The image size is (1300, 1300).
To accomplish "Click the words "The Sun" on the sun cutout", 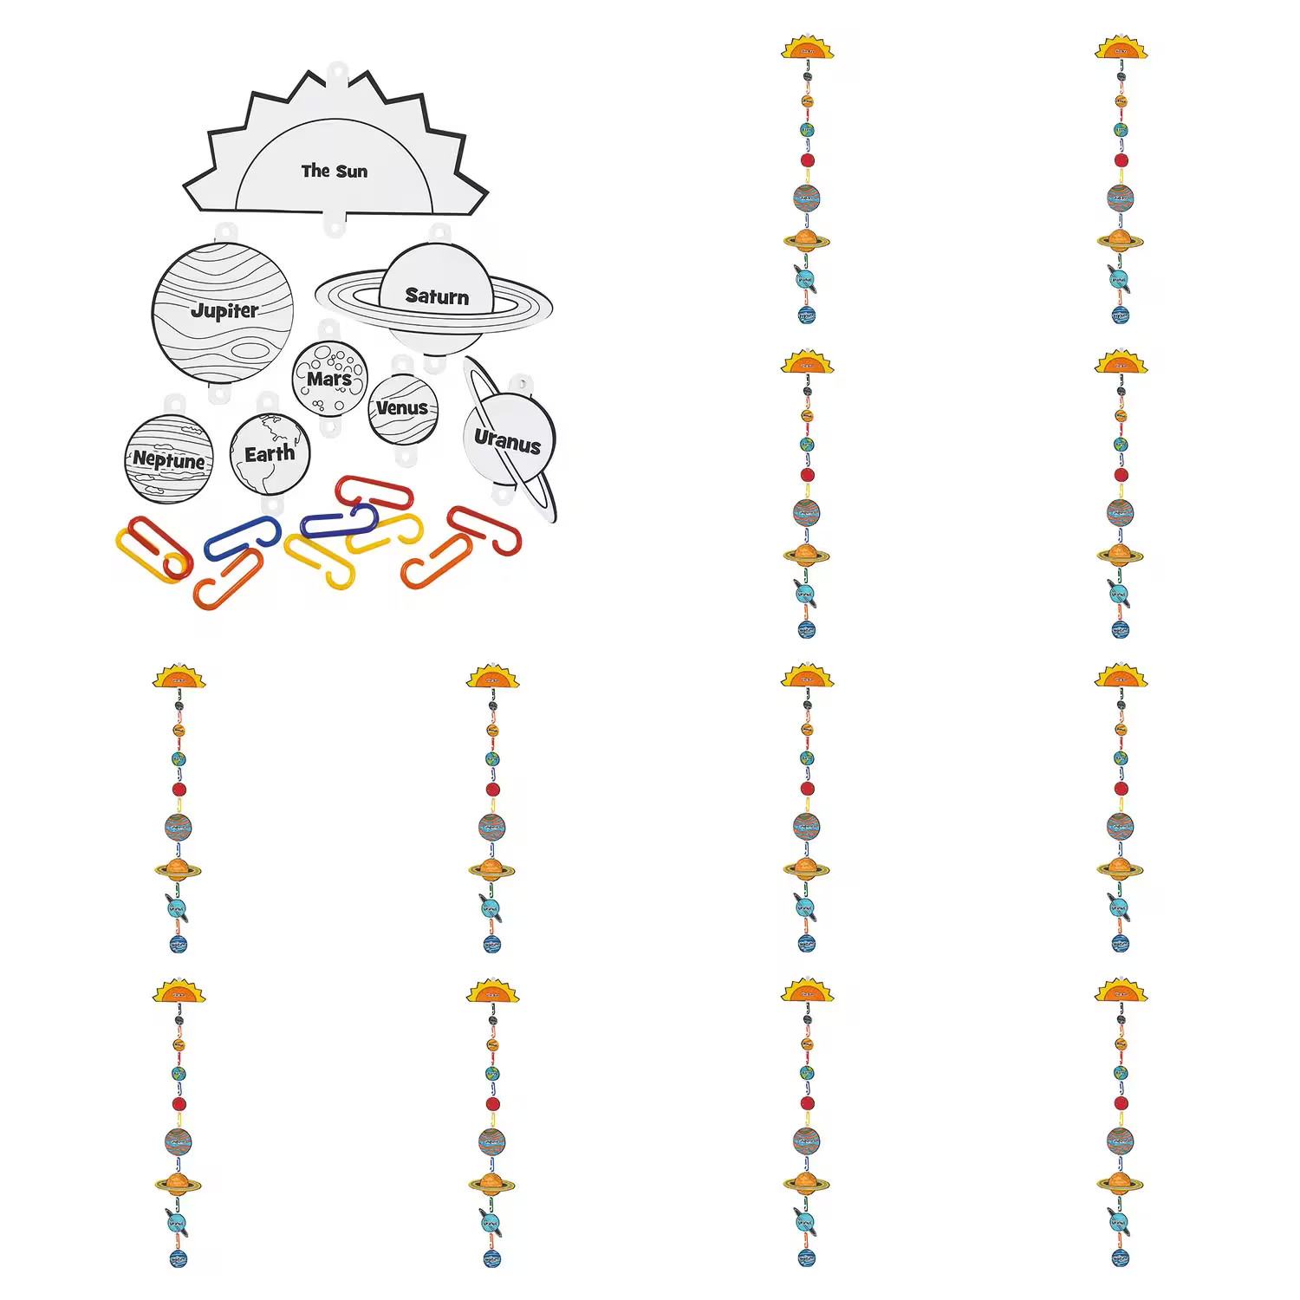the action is [335, 171].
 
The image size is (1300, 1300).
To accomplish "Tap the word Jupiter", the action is [224, 309].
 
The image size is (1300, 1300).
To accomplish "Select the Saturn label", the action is [437, 296].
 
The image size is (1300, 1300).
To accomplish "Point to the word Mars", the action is [329, 379].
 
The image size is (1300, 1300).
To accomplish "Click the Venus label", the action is [402, 407].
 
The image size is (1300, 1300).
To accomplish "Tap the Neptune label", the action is [169, 460].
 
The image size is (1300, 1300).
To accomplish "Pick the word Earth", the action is [270, 453].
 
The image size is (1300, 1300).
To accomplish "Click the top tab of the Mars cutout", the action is [328, 329].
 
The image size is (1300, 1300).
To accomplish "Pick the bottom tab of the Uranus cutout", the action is [503, 497].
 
